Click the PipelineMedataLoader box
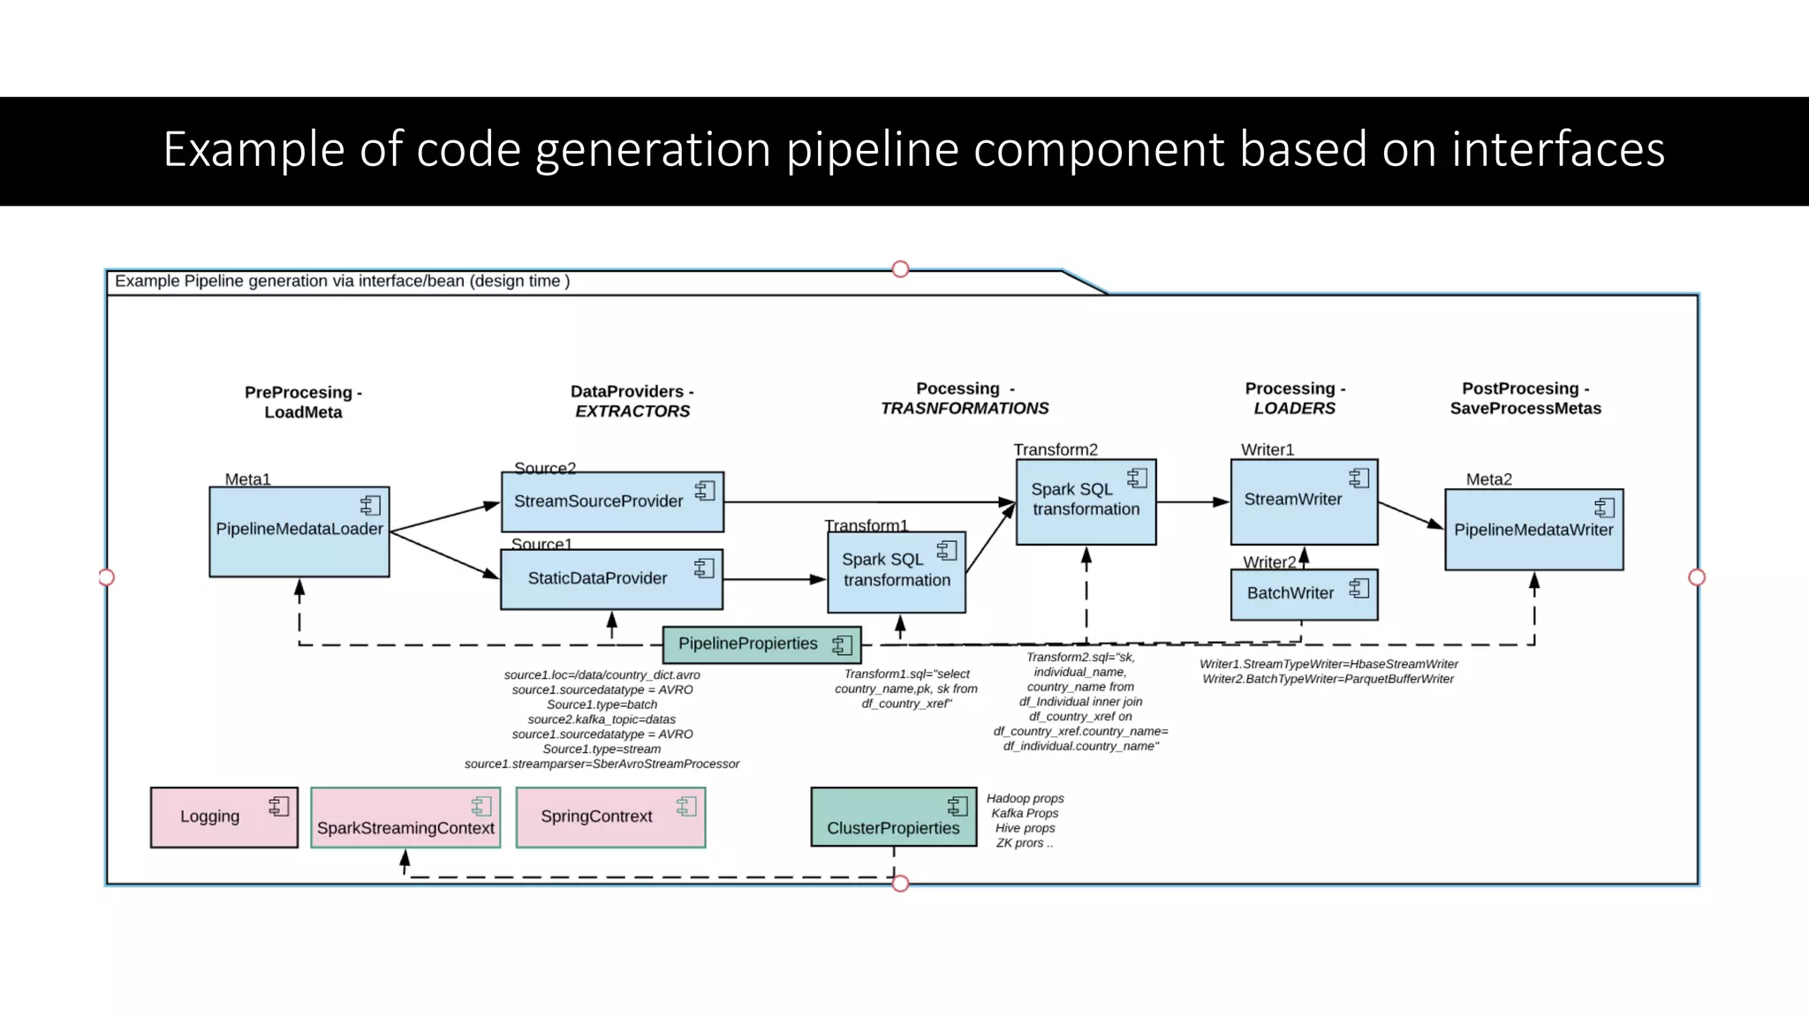[299, 531]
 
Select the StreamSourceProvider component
[612, 501]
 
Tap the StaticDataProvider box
[611, 579]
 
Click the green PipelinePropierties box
[761, 644]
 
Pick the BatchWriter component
[1303, 594]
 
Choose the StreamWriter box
[1303, 501]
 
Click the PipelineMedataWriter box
[1533, 530]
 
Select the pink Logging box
[223, 817]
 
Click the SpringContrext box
[610, 817]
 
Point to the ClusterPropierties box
[893, 817]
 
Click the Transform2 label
[1056, 449]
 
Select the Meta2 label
[1488, 479]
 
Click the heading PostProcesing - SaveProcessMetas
[1525, 398]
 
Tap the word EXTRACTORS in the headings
[632, 411]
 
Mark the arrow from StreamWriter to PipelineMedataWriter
[1411, 515]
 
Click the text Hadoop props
[1025, 798]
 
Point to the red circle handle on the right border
[1696, 577]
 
